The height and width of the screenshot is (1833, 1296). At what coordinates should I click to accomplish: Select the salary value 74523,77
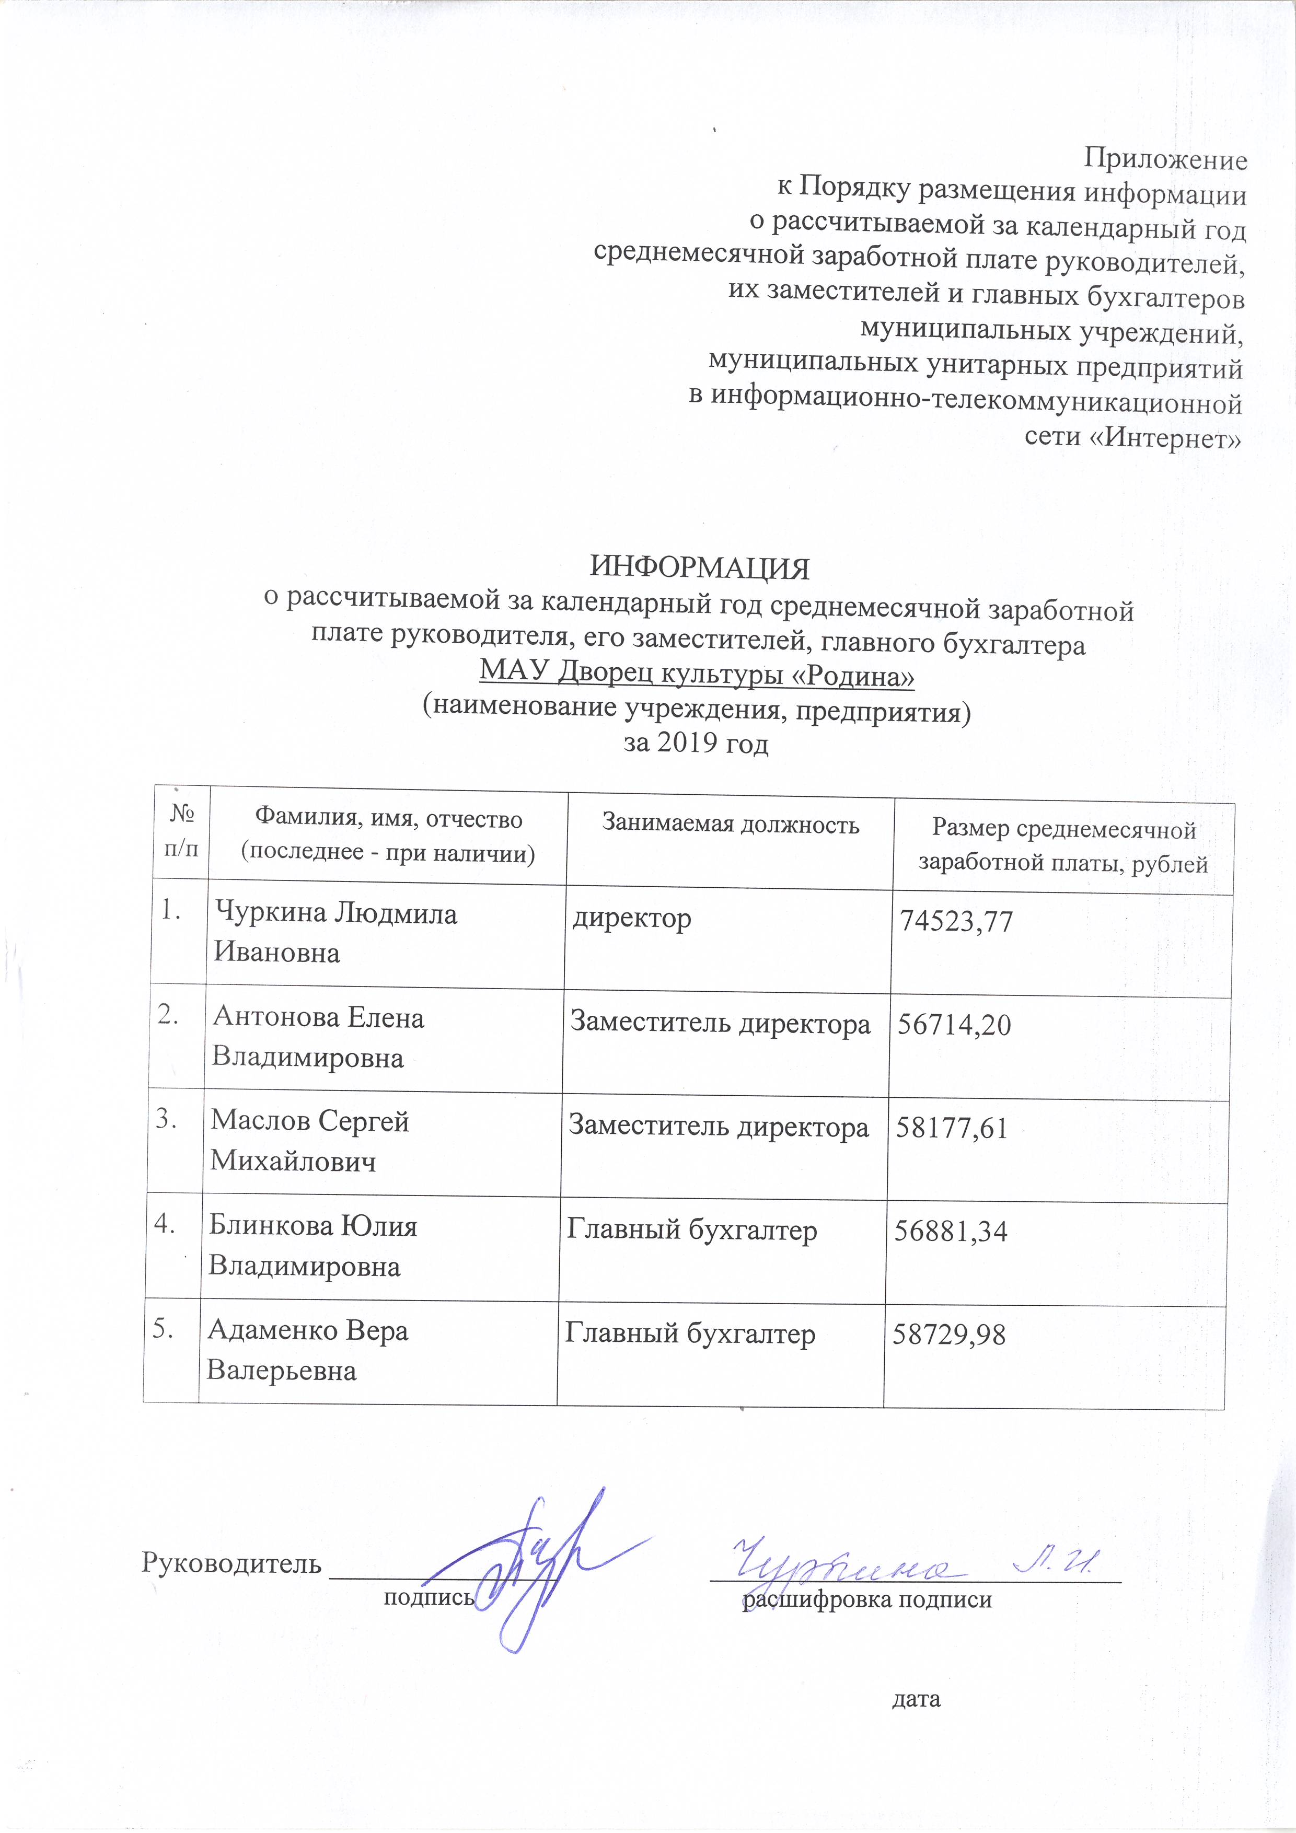tap(956, 922)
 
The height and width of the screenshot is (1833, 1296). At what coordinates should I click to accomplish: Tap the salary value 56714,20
tap(954, 1024)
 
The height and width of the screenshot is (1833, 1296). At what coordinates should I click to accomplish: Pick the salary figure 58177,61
tap(952, 1128)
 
